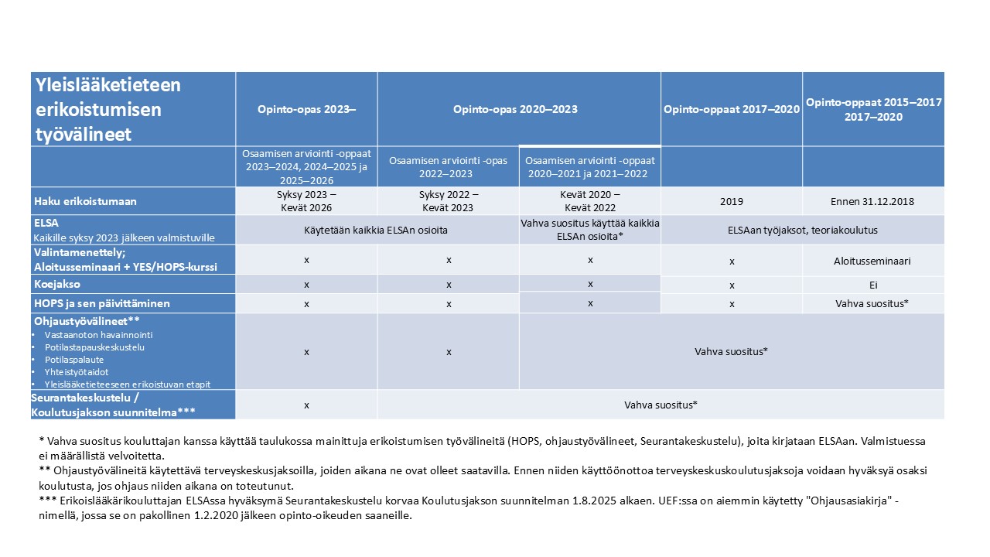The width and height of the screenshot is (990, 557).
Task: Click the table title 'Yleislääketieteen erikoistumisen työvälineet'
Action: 108,109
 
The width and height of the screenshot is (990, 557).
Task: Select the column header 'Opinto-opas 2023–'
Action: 306,109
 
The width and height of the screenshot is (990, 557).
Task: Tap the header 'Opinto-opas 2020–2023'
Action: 515,109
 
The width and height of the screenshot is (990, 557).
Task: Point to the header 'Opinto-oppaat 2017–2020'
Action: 732,109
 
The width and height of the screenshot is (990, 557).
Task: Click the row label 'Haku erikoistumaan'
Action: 85,201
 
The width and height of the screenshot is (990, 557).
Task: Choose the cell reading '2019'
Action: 731,201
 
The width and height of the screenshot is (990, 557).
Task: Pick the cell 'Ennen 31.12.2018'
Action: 873,201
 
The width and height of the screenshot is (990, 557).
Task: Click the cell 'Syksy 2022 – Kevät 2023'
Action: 449,200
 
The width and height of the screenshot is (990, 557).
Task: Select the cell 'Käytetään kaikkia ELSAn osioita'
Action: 377,230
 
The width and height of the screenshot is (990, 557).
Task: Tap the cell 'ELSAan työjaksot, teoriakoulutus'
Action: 803,230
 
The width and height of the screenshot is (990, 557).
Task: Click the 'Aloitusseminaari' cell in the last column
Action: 873,261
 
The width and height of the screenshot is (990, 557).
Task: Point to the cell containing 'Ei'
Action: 873,285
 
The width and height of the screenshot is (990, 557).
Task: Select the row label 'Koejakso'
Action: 56,285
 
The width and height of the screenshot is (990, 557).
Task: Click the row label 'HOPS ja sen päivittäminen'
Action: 101,303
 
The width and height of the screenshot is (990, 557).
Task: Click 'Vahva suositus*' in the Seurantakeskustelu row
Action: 661,405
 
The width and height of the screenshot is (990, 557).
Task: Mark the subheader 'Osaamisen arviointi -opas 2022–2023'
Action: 449,166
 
